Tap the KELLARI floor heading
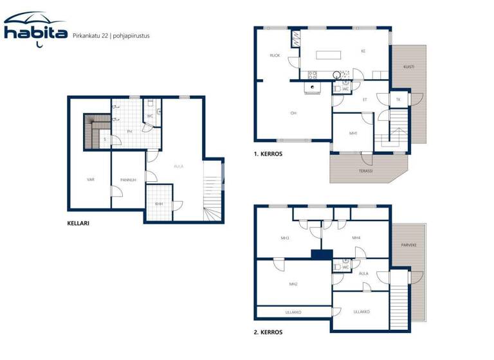coord(78,224)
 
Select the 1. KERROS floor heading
coord(268,154)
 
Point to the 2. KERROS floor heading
coord(268,332)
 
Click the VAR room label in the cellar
coord(91,180)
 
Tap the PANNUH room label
coord(128,180)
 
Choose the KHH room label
coord(158,204)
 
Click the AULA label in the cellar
coord(178,166)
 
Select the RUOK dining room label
coord(275,56)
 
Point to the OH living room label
coord(293,113)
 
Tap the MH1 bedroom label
coord(352,133)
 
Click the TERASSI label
coord(366,171)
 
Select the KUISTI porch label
coord(408,66)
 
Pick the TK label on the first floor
coord(398,99)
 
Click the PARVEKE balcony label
coord(409,244)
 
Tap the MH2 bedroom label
coord(293,283)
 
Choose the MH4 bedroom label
coord(356,238)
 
